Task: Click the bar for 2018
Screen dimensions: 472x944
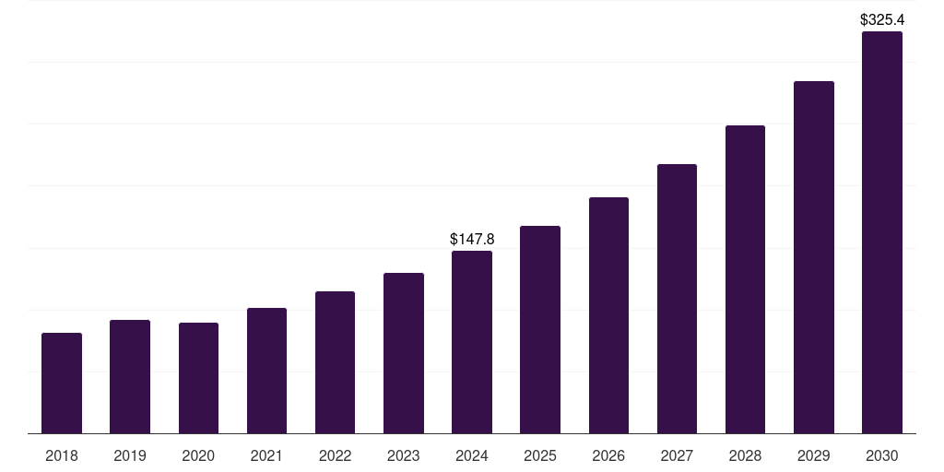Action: click(x=62, y=383)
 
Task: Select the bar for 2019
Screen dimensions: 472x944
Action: click(x=130, y=376)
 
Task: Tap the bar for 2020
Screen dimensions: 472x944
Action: click(x=198, y=378)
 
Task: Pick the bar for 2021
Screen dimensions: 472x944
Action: click(x=266, y=371)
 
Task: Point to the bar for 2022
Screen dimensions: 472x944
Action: click(x=335, y=362)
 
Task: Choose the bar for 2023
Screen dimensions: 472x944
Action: click(x=404, y=353)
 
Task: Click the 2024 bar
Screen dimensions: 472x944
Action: click(x=472, y=342)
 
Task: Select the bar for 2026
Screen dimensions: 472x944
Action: click(x=608, y=315)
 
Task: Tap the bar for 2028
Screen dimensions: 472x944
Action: click(x=745, y=279)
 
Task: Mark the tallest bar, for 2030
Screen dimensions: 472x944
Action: click(x=882, y=232)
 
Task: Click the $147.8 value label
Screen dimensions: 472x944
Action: click(x=472, y=239)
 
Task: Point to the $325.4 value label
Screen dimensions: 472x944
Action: click(x=882, y=19)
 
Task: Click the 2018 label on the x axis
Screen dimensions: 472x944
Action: click(x=62, y=455)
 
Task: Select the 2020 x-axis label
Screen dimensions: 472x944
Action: click(x=198, y=455)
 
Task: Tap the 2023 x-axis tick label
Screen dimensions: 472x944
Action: click(x=404, y=455)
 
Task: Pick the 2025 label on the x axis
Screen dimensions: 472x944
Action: click(x=540, y=455)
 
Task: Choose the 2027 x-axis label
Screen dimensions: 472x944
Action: click(x=677, y=455)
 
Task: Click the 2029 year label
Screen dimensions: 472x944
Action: click(x=814, y=455)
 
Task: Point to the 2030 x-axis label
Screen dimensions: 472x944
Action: click(x=882, y=455)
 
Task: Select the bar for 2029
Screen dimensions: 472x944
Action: click(x=814, y=257)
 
